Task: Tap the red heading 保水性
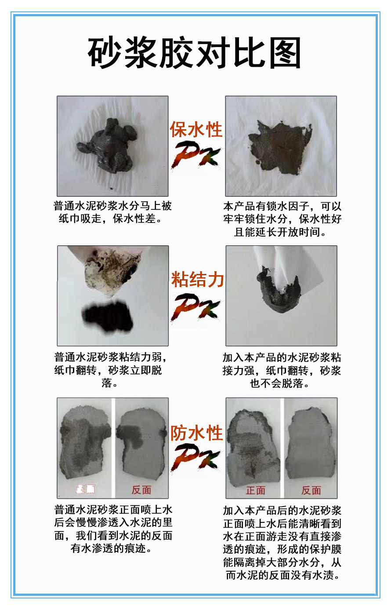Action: click(x=196, y=129)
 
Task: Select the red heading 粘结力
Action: click(x=198, y=279)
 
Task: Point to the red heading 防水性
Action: click(x=196, y=433)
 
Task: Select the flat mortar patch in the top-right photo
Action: click(x=280, y=148)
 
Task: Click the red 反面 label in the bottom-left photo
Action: click(x=141, y=490)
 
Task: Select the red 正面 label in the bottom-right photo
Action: click(x=255, y=490)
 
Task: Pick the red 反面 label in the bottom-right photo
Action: click(x=311, y=490)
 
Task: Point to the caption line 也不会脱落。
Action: click(x=280, y=383)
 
